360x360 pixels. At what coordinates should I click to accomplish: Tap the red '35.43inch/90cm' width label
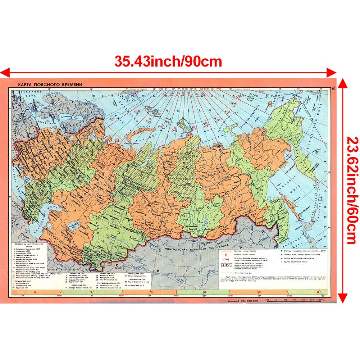tap(168, 61)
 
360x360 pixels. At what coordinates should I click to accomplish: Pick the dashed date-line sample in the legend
tap(227, 273)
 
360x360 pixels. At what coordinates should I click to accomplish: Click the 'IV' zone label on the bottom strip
tap(35, 292)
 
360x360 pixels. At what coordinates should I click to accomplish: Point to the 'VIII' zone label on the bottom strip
tap(259, 292)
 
